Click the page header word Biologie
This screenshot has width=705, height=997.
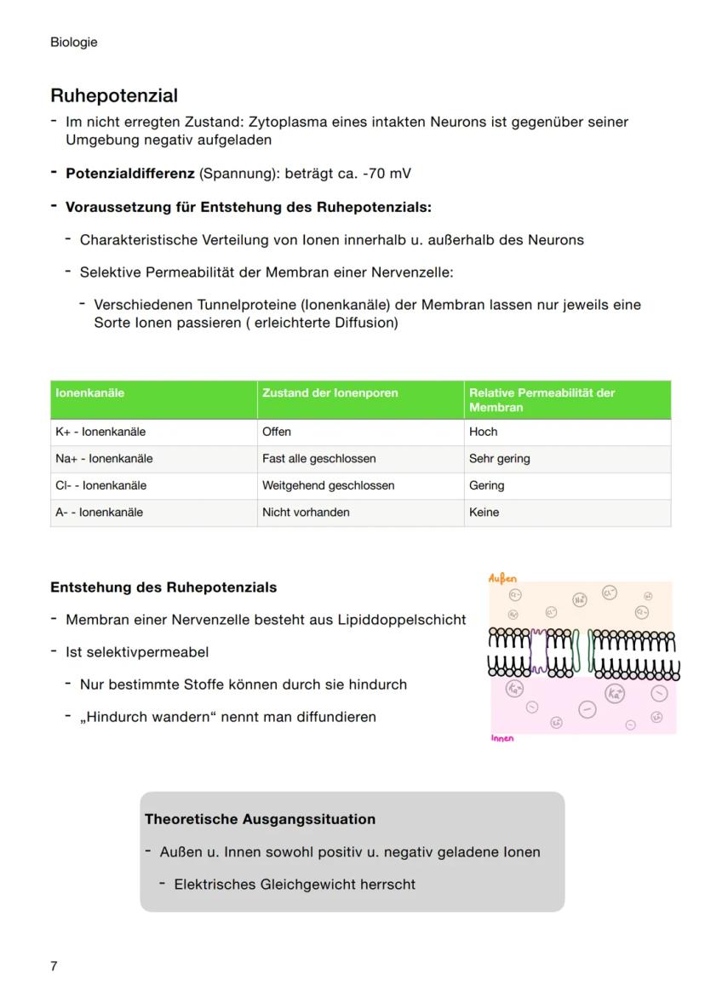(73, 42)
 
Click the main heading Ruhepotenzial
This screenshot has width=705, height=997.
(113, 95)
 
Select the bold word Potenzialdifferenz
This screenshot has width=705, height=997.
(130, 174)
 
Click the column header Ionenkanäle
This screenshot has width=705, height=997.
(89, 392)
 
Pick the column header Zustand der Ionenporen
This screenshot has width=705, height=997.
(330, 392)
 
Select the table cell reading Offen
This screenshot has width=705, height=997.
(276, 432)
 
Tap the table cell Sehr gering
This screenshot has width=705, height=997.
(499, 459)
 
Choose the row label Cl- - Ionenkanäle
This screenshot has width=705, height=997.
(100, 485)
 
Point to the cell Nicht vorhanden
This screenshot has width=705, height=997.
(306, 513)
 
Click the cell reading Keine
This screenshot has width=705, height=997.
(484, 513)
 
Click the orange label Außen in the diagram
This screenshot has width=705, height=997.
(502, 578)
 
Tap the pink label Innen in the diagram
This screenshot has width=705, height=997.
(502, 738)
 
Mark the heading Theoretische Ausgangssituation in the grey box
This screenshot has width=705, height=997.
(260, 819)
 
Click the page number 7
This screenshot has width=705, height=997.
(54, 965)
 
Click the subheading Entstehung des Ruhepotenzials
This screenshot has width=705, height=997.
(163, 587)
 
